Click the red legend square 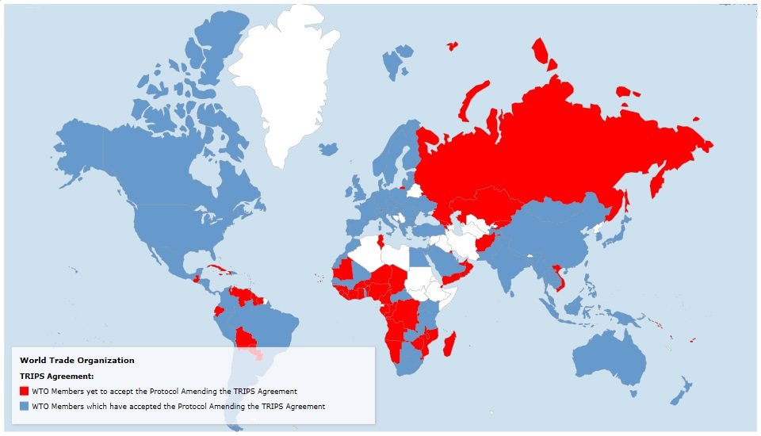(x=24, y=391)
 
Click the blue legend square (x=24, y=406)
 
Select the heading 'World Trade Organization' (x=77, y=361)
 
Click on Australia (x=610, y=357)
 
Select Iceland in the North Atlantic (x=327, y=148)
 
